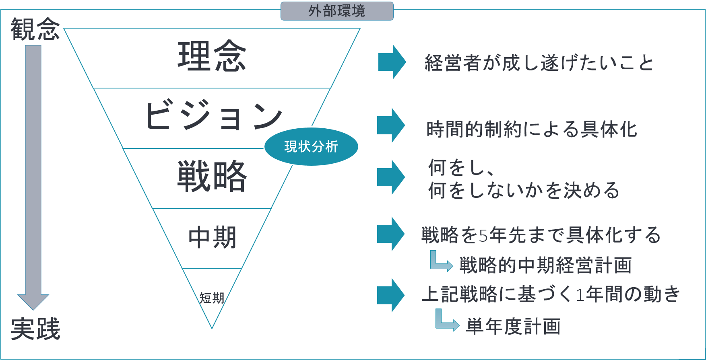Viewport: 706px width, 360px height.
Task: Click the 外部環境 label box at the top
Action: click(x=337, y=11)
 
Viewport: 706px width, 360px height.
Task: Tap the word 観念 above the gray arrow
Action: click(x=35, y=29)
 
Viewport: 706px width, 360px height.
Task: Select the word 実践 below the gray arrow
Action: click(x=35, y=329)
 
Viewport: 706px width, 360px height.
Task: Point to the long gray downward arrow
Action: click(x=33, y=177)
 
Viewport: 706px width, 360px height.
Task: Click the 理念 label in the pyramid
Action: click(x=212, y=56)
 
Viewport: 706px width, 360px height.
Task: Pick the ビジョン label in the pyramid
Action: click(x=213, y=115)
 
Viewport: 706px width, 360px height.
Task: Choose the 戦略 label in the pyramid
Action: click(x=212, y=176)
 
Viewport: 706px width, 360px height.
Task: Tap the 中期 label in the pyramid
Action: click(x=212, y=237)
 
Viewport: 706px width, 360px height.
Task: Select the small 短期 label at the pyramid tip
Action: click(x=212, y=298)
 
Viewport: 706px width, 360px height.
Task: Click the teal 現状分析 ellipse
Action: click(x=311, y=146)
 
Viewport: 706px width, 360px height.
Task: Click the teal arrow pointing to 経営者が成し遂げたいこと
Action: click(x=392, y=62)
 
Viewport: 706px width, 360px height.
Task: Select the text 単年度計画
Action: click(x=513, y=326)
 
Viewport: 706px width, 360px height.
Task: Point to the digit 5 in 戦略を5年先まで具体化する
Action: click(x=483, y=235)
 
